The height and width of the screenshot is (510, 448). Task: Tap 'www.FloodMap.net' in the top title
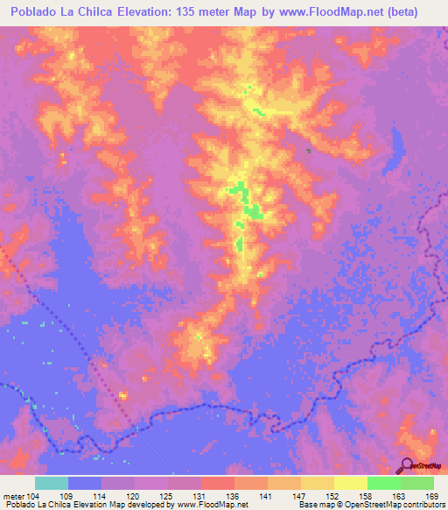point(339,11)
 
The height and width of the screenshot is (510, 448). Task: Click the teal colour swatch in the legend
point(52,483)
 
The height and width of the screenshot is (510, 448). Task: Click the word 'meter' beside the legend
point(14,495)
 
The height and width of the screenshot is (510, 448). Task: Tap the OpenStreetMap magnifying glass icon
point(407,466)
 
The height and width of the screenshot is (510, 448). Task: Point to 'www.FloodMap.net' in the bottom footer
point(212,505)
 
